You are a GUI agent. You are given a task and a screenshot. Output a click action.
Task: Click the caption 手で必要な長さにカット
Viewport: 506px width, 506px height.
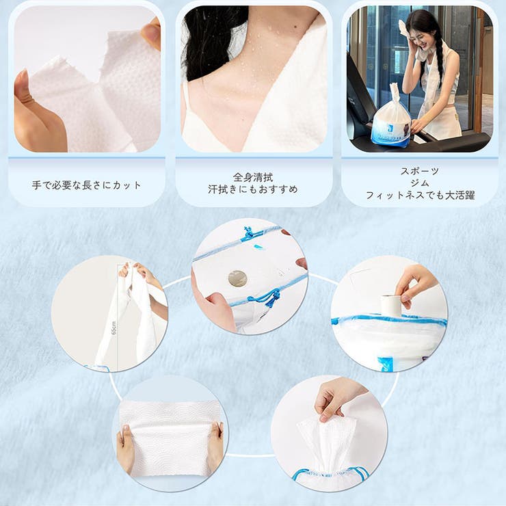[x=87, y=185]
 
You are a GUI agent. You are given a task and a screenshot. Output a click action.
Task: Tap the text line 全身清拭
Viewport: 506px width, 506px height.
[x=253, y=177]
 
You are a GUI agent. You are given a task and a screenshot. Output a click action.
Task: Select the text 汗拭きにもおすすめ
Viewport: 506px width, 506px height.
[x=253, y=189]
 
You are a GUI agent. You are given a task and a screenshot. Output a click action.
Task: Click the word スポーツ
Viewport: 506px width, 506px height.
[x=419, y=171]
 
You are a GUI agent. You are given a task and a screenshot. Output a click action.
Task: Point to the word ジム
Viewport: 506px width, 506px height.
[x=419, y=183]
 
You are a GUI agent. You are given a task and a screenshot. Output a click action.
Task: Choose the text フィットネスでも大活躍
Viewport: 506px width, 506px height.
[x=419, y=195]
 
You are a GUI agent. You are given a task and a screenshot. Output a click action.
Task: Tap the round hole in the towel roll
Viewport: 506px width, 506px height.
[x=237, y=278]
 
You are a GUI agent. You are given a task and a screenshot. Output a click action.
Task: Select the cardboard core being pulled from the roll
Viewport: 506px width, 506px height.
[x=390, y=305]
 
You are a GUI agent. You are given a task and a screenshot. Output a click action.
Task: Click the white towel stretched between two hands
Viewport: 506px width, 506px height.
[x=169, y=438]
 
